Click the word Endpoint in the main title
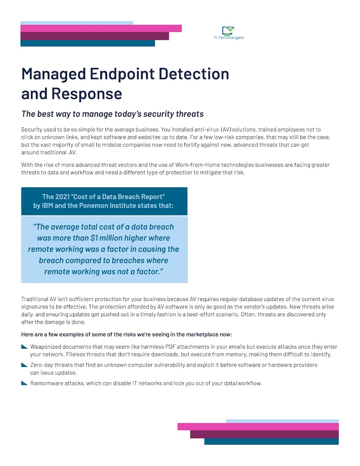122,74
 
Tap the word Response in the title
86,94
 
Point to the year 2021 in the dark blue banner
62,197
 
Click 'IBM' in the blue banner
47,206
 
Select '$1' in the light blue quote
94,238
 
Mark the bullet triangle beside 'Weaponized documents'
24,347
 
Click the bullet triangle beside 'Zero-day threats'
24,365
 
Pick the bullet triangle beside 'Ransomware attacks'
24,383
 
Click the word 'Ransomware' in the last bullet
45,383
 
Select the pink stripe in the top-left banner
101,28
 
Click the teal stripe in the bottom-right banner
271,441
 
